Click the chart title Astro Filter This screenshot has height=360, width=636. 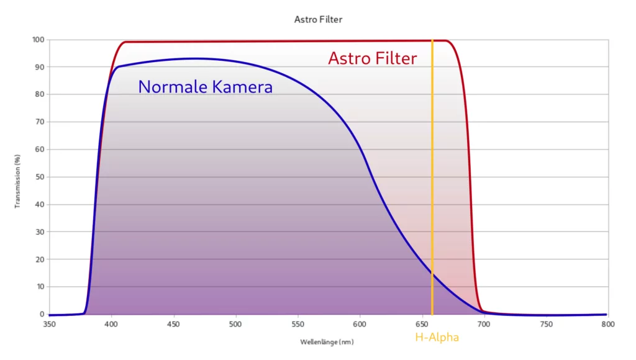(x=318, y=19)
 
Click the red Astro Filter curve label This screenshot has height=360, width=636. (x=373, y=58)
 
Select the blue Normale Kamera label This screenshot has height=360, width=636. (x=205, y=87)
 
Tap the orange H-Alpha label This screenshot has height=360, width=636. (x=437, y=338)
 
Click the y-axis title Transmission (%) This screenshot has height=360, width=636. (x=18, y=181)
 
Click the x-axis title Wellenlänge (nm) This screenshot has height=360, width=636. (x=327, y=342)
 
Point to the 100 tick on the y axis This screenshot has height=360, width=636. (x=39, y=40)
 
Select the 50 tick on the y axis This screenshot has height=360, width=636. (x=40, y=177)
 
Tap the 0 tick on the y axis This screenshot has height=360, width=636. (x=42, y=315)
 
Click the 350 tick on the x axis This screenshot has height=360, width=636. (x=49, y=325)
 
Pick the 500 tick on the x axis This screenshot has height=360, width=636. (x=235, y=325)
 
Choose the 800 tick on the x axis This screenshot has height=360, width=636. (x=608, y=325)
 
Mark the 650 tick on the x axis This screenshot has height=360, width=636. (x=422, y=325)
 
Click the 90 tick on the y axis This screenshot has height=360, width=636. (x=40, y=67)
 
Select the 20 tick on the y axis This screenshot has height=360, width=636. (x=40, y=259)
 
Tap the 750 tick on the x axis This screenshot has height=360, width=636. (x=546, y=325)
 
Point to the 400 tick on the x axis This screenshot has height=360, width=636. (x=111, y=325)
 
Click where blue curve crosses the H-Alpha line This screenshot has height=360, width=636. (x=432, y=272)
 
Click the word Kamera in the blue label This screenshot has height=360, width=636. (x=242, y=87)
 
